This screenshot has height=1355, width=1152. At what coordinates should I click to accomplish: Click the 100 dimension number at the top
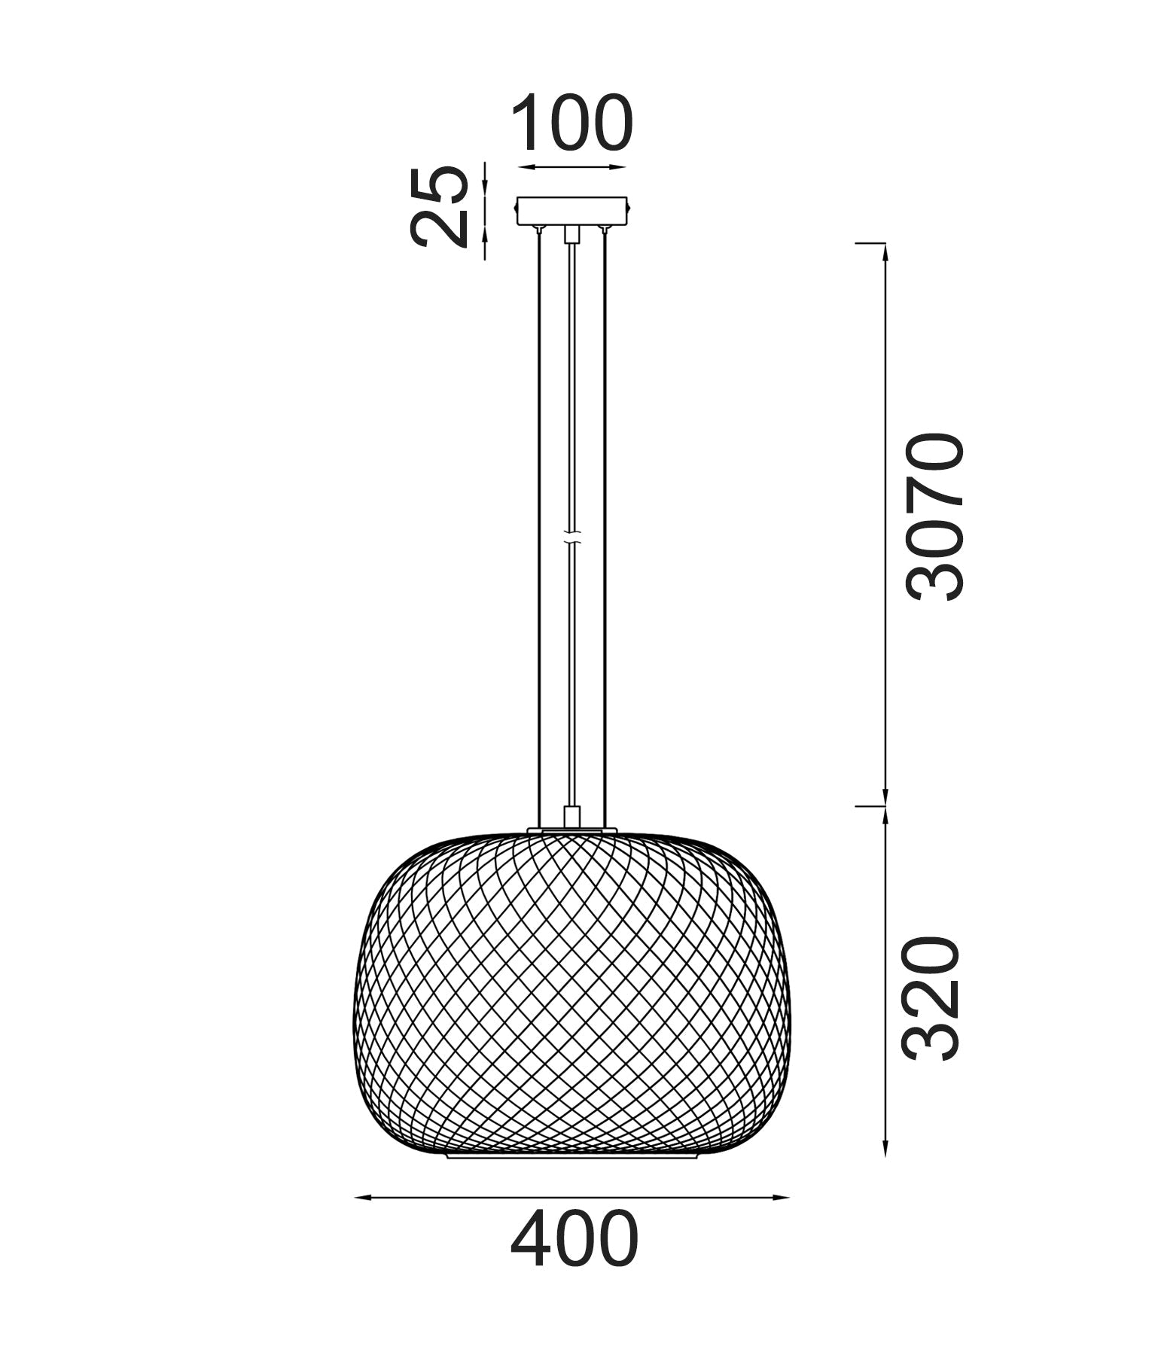coord(572,123)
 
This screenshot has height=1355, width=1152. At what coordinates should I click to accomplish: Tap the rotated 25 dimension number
coord(439,206)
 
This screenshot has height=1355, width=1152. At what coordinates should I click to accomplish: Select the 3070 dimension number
coord(934,516)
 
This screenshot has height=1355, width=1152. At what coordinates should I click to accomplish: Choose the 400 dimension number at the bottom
coord(574,1238)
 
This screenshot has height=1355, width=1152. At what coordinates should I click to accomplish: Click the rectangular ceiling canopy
coord(572,211)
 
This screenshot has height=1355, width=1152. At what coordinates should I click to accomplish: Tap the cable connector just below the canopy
coord(572,233)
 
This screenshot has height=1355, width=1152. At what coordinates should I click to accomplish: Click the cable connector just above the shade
coord(572,817)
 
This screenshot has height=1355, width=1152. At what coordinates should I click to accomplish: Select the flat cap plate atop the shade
coord(572,830)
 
